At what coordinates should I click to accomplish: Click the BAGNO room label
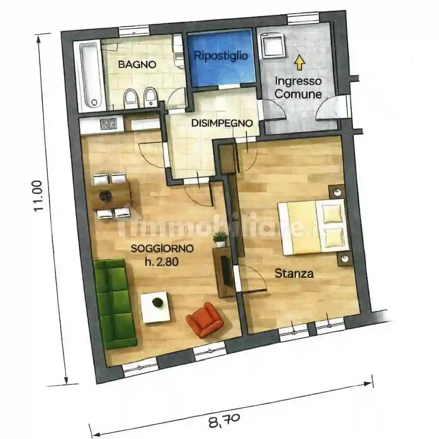click(x=137, y=64)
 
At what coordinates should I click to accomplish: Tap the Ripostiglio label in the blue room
click(x=221, y=55)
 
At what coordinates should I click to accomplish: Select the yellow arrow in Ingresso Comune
click(x=299, y=62)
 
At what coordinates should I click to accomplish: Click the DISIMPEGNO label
click(x=222, y=123)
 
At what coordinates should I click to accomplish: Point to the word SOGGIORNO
click(x=162, y=248)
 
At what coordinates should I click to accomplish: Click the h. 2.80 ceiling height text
click(x=162, y=262)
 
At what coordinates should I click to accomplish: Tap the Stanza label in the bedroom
click(x=294, y=273)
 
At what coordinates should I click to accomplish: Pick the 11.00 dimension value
click(x=38, y=195)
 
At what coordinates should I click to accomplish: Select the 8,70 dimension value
click(x=224, y=421)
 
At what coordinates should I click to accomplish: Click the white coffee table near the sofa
click(x=155, y=307)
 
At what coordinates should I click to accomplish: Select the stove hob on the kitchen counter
click(x=108, y=123)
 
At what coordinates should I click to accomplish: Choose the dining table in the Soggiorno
click(x=111, y=195)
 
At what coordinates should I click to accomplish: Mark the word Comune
click(x=298, y=94)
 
